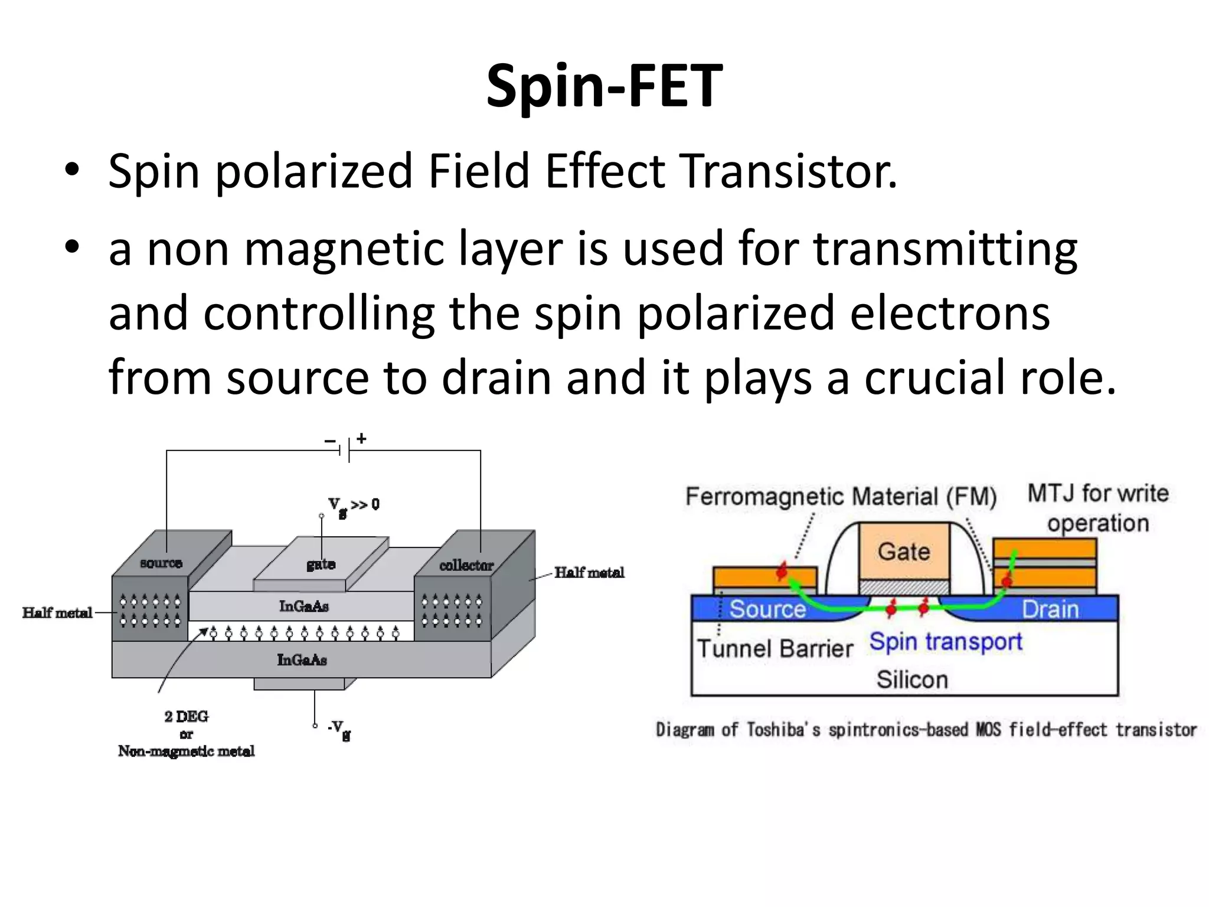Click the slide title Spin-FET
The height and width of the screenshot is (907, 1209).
point(604,87)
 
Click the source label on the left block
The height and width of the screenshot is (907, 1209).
point(161,563)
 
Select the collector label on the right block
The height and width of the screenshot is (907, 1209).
point(466,565)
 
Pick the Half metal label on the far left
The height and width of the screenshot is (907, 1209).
point(57,612)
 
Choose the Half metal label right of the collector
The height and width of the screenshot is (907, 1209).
point(589,572)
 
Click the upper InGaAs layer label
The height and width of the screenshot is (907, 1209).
point(303,606)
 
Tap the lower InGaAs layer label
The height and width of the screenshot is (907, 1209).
point(302,660)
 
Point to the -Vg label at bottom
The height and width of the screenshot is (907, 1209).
point(339,728)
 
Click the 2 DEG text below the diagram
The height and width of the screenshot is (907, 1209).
point(186,716)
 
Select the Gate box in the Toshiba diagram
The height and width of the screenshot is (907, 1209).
point(903,552)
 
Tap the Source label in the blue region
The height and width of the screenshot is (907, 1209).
point(767,609)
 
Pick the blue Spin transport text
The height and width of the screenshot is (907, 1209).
point(945,642)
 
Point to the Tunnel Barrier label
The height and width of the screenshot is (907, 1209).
point(775,648)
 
